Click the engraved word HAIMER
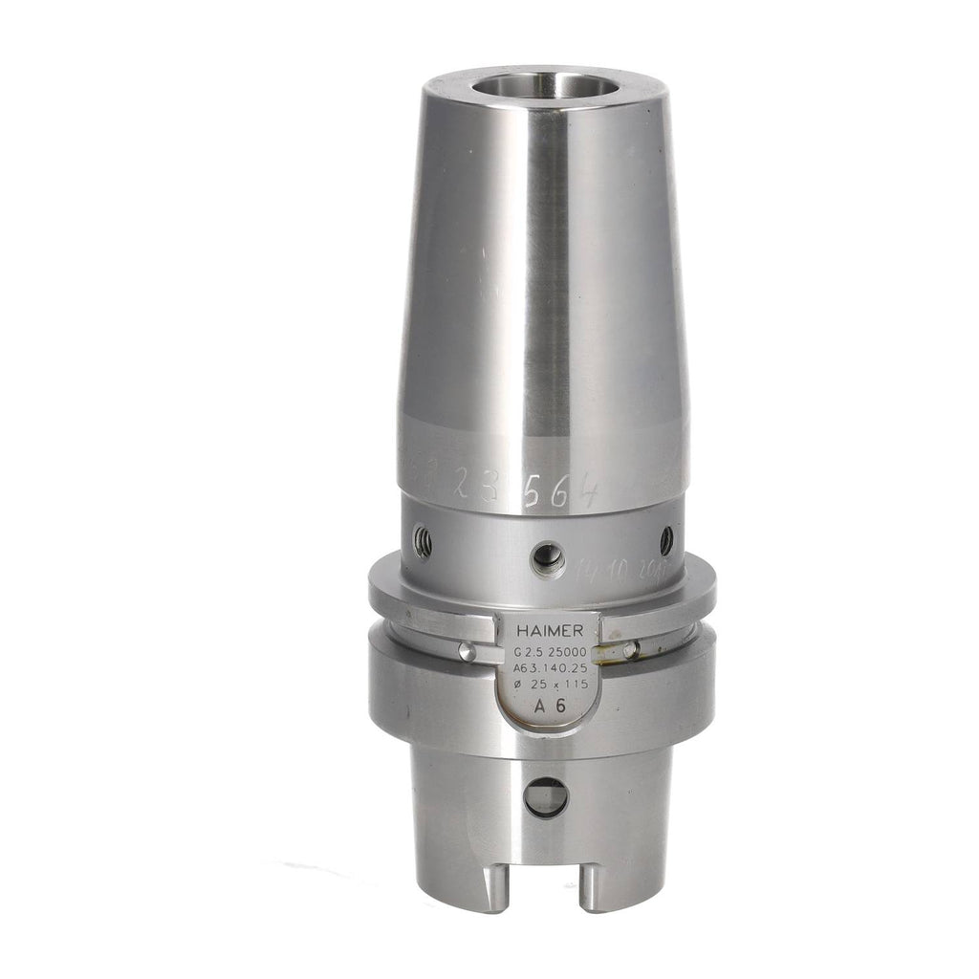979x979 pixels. point(548,630)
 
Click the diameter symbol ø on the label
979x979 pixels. point(518,686)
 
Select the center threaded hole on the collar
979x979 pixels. point(548,557)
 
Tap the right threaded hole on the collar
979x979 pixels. point(666,540)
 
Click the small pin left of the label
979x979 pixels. point(466,651)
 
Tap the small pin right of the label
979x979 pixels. point(630,650)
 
